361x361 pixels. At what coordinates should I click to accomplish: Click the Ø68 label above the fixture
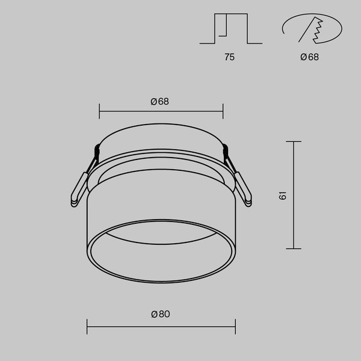tap(160, 101)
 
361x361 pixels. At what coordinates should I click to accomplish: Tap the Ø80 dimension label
tap(160, 313)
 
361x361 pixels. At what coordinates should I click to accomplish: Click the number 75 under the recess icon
tap(229, 58)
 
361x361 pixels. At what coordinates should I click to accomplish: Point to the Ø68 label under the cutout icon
tap(310, 58)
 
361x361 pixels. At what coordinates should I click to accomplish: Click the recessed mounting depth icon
tap(230, 29)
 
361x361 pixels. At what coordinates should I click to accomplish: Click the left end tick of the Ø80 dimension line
tap(88, 327)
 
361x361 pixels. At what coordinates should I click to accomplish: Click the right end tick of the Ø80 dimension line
tap(235, 327)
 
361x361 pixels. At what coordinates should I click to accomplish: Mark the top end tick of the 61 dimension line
tap(293, 141)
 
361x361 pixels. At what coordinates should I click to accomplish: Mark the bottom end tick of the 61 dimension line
tap(293, 248)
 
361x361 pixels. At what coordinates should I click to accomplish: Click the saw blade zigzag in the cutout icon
tap(316, 29)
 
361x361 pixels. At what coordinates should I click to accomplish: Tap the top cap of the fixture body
tap(161, 135)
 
